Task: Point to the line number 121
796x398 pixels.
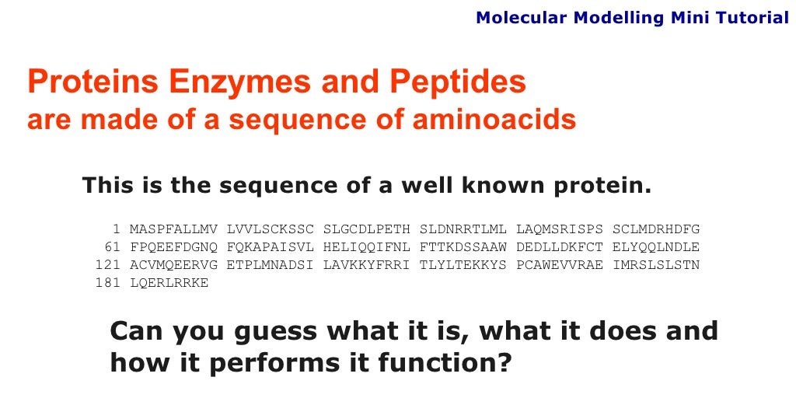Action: click(x=108, y=265)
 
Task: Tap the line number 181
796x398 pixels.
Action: click(x=108, y=283)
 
